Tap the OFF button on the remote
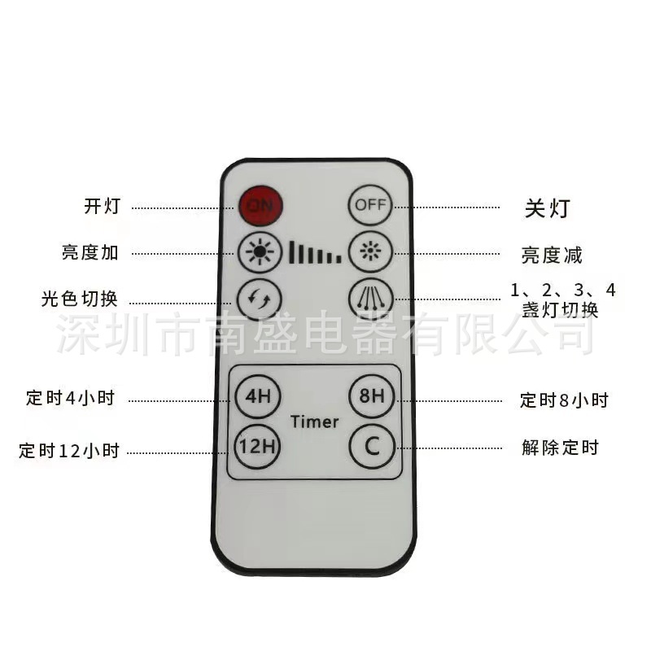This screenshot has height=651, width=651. click(x=370, y=205)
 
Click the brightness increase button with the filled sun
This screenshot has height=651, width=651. click(x=260, y=252)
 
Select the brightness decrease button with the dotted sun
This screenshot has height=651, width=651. click(x=370, y=252)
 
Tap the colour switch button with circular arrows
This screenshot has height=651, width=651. click(x=259, y=299)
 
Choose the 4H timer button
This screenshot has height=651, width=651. click(x=258, y=396)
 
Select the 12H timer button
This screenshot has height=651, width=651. click(x=258, y=447)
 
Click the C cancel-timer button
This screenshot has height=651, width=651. click(x=372, y=446)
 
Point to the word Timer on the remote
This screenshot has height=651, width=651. click(x=314, y=422)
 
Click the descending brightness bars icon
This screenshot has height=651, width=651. click(x=316, y=252)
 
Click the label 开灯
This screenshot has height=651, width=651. click(x=103, y=206)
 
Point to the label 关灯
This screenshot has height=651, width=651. click(x=548, y=208)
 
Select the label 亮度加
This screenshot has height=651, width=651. click(x=90, y=252)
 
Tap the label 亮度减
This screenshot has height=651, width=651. click(x=552, y=255)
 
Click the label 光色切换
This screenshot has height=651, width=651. click(x=79, y=299)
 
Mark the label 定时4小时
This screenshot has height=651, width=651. click(x=70, y=398)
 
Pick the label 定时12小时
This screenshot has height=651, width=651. click(x=69, y=451)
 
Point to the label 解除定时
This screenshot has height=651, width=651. click(x=560, y=448)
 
